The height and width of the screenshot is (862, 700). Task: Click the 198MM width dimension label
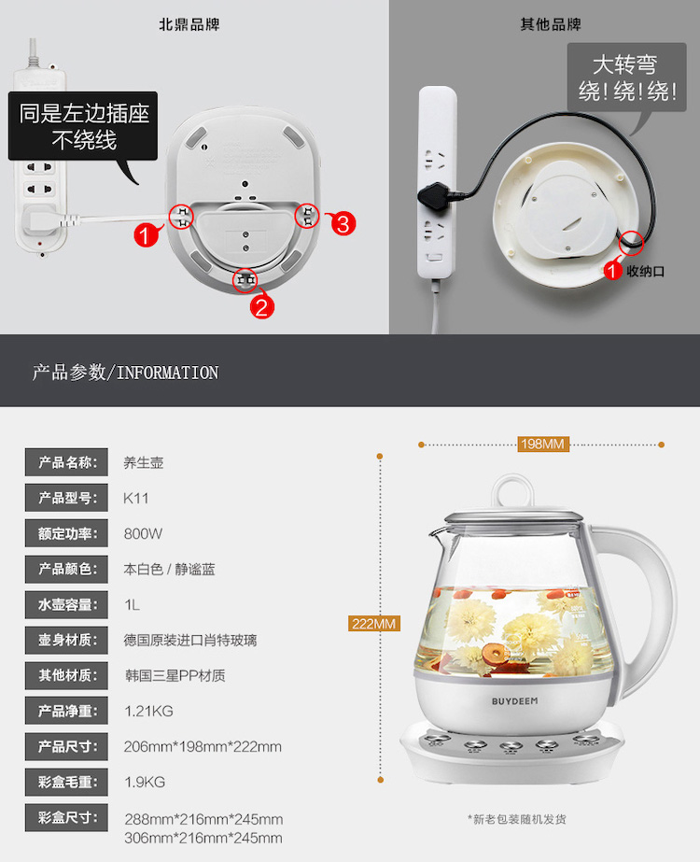click(543, 444)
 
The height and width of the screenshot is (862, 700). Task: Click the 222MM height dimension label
click(373, 624)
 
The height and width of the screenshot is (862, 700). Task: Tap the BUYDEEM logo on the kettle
click(515, 701)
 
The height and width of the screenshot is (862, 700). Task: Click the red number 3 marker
click(343, 224)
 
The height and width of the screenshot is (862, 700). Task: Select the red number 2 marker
click(261, 306)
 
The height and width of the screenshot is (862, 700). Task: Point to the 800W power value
click(143, 534)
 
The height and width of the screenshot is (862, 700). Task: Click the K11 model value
click(135, 498)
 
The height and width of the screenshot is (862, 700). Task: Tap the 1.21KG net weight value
click(148, 712)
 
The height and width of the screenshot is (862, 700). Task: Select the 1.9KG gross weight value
click(145, 783)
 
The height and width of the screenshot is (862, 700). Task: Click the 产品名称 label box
click(66, 462)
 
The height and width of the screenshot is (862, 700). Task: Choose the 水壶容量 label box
click(66, 605)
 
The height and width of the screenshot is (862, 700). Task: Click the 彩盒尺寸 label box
click(66, 817)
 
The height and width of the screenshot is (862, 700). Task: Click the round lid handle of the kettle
click(512, 491)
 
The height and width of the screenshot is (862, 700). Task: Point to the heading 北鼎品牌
click(189, 24)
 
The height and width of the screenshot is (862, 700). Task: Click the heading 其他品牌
click(551, 24)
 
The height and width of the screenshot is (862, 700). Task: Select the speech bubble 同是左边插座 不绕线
click(83, 127)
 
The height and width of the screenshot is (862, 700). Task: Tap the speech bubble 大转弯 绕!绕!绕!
click(627, 78)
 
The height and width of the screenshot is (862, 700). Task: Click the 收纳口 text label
click(646, 271)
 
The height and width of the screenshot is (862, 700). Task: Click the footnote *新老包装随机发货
click(517, 819)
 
